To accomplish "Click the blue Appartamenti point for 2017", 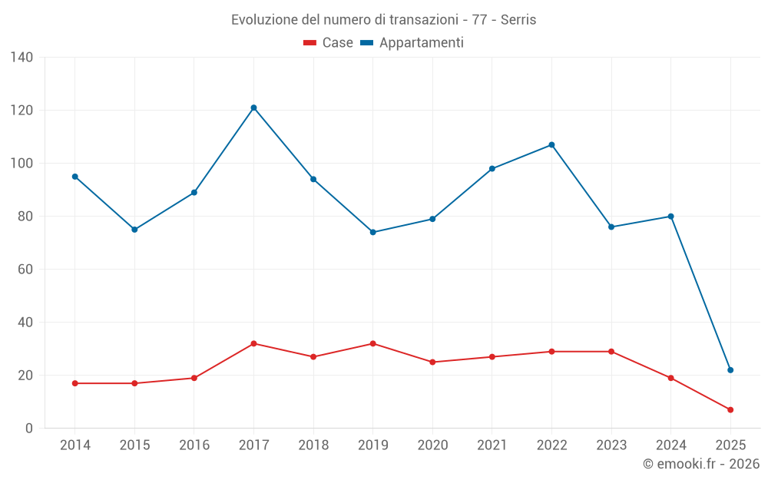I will coord(253,108).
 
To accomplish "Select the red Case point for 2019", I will coord(372,343).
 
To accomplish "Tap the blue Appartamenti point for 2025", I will coord(730,370).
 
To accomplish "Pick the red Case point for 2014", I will coord(74,383).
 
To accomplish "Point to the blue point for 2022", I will coord(551,144).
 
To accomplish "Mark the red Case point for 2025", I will coord(730,410).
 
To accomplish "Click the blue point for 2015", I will coord(134,230).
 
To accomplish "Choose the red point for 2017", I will coord(253,343).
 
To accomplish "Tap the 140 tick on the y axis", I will coord(22,57).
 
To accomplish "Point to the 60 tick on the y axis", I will coord(26,270).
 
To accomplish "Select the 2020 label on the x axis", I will coord(432,445).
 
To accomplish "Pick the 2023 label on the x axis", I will coord(611,445).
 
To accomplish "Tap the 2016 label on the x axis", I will coord(194,445).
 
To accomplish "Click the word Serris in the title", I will coord(518,19).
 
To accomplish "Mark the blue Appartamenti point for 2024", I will coord(670,217).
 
